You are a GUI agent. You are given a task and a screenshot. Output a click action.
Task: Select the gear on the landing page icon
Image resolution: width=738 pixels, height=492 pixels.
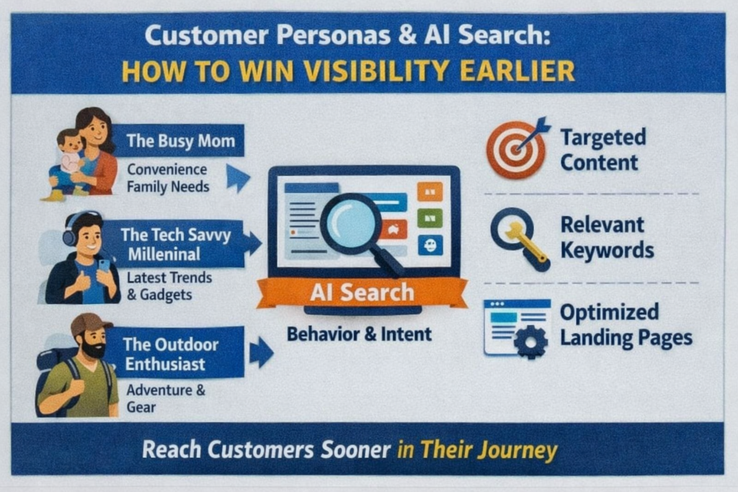tap(530, 341)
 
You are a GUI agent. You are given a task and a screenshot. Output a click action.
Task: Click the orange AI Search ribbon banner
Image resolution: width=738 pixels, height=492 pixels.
tap(362, 292)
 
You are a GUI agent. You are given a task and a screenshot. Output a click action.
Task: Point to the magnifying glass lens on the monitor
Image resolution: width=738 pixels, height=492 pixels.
tap(350, 223)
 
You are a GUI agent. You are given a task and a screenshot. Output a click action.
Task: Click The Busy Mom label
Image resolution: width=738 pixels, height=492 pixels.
tap(180, 140)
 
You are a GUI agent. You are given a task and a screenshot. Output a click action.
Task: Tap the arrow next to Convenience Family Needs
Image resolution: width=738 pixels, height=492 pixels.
tap(237, 177)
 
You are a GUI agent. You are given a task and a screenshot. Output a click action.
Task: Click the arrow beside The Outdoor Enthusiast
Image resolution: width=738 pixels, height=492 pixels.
tap(261, 353)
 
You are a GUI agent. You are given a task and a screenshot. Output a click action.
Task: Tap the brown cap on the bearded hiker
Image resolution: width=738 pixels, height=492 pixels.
tap(90, 324)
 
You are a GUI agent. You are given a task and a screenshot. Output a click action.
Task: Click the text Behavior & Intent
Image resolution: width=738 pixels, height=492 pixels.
tap(359, 334)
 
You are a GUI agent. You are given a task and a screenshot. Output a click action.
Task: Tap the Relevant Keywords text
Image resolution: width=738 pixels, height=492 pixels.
tap(607, 237)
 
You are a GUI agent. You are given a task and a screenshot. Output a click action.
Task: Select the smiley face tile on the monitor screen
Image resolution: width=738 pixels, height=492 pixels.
tap(430, 245)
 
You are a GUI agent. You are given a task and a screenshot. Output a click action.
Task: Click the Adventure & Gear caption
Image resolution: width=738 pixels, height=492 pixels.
tap(166, 398)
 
